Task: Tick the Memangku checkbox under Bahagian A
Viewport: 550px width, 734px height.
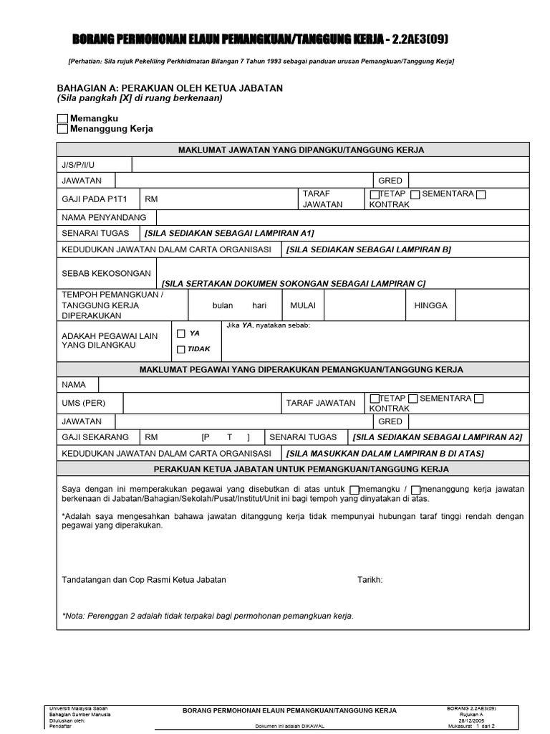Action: (x=62, y=118)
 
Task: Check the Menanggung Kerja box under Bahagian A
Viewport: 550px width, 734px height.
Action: (x=62, y=129)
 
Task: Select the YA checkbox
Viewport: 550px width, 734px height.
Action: (x=180, y=333)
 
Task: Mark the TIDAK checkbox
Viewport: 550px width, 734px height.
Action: (x=180, y=349)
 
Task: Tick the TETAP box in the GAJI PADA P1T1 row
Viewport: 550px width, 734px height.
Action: (x=375, y=194)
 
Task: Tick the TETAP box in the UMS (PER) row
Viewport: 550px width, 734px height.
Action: (x=375, y=399)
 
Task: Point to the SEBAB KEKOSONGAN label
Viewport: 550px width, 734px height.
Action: (x=106, y=273)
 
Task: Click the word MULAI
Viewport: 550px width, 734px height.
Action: (x=302, y=305)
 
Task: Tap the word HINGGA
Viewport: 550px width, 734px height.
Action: (x=430, y=305)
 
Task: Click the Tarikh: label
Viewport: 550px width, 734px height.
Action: (x=370, y=580)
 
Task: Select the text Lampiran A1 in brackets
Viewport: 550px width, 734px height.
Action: (x=228, y=233)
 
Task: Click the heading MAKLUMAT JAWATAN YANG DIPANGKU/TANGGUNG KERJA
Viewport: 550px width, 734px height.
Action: (x=301, y=150)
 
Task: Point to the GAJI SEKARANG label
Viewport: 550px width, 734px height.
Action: (x=95, y=437)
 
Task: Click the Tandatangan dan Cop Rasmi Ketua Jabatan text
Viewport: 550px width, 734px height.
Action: (x=144, y=580)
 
